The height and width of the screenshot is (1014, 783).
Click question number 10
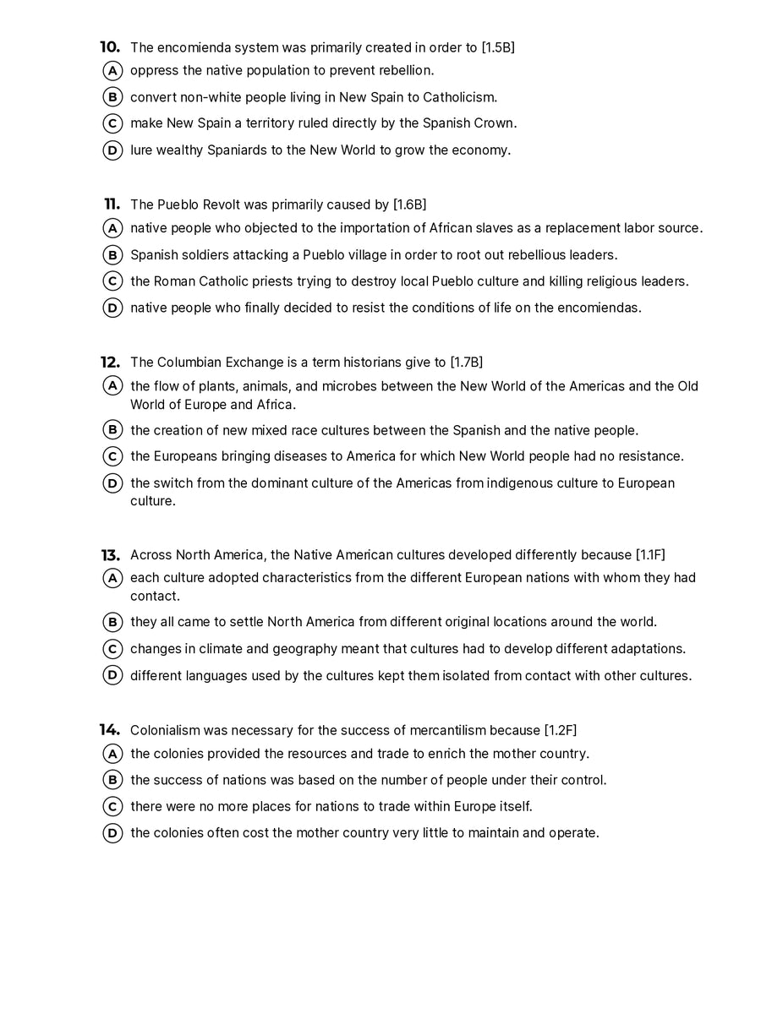point(110,47)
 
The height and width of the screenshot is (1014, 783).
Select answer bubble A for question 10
point(112,71)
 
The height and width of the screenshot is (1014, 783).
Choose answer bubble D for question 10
point(112,150)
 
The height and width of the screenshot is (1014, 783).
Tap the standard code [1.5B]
point(497,47)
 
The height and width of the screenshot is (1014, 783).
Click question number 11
point(112,204)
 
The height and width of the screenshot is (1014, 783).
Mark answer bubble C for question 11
point(112,281)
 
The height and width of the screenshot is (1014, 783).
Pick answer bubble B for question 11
point(112,255)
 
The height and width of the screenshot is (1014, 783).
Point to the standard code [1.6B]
point(409,204)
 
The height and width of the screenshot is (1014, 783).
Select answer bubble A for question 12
point(112,386)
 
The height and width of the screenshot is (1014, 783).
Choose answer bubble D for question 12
point(112,483)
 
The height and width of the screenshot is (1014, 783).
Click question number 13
point(110,555)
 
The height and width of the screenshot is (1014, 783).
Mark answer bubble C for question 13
point(112,649)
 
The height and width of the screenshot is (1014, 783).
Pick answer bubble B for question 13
point(112,623)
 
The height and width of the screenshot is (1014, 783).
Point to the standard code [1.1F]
point(649,555)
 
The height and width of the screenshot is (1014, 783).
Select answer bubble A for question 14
point(112,754)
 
